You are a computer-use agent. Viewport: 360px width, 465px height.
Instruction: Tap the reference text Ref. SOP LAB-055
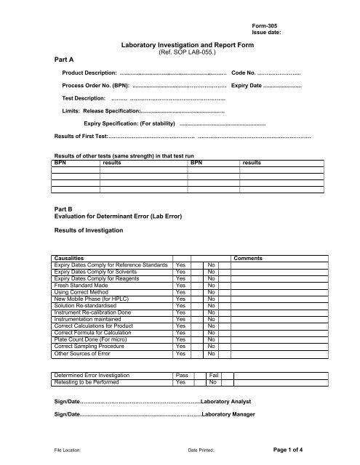(x=180, y=53)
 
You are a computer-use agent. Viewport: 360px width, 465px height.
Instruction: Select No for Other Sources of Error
(x=212, y=354)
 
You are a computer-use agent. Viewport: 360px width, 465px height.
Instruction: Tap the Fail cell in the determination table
(x=214, y=375)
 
